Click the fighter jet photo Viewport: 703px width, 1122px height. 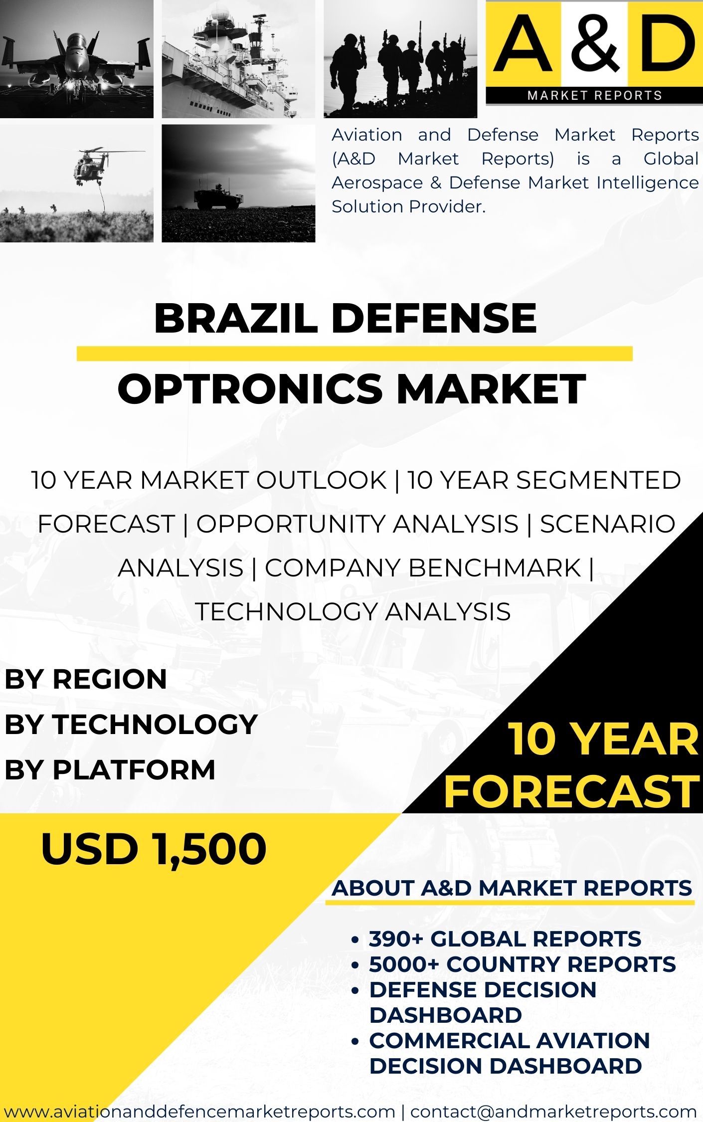click(77, 59)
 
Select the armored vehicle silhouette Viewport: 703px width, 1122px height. click(218, 196)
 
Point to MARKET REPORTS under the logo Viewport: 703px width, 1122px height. click(595, 95)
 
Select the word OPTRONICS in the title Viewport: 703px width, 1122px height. click(250, 389)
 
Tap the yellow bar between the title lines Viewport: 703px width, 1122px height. click(354, 354)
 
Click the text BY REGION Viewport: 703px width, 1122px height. click(86, 679)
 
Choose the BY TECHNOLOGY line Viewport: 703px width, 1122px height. click(131, 724)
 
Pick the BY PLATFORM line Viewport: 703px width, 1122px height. click(110, 769)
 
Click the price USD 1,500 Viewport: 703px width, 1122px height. click(154, 849)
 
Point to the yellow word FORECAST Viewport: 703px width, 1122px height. click(572, 791)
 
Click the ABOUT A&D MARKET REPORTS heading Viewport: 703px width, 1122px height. click(512, 888)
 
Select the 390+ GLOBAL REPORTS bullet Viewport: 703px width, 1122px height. click(505, 939)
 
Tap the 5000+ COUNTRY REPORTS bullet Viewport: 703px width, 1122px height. click(523, 964)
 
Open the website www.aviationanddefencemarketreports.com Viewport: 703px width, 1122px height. click(199, 1112)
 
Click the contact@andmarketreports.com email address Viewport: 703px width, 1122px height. click(553, 1112)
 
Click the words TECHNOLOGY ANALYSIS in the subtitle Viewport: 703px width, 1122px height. click(353, 611)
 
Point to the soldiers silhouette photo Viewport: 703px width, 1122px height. click(400, 59)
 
